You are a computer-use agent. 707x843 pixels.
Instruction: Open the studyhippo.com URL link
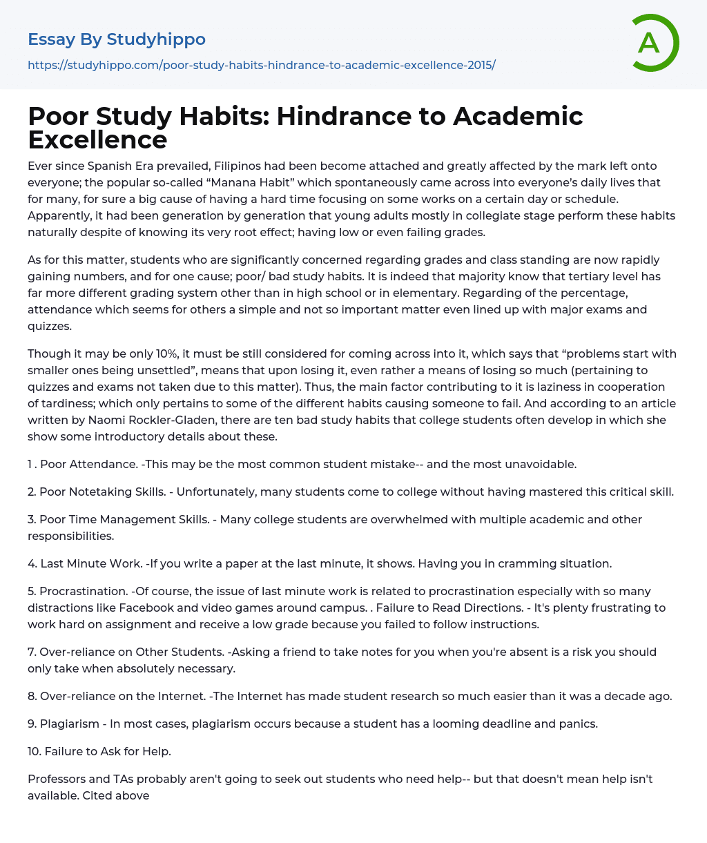pyautogui.click(x=261, y=65)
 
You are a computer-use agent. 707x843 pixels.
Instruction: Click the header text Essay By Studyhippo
pyautogui.click(x=116, y=39)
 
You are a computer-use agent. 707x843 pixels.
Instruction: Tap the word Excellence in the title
pyautogui.click(x=97, y=139)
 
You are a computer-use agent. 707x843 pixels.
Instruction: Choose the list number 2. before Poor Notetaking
pyautogui.click(x=32, y=492)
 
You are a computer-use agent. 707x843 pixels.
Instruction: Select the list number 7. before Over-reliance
pyautogui.click(x=32, y=652)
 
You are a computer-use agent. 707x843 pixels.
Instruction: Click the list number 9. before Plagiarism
pyautogui.click(x=32, y=724)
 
